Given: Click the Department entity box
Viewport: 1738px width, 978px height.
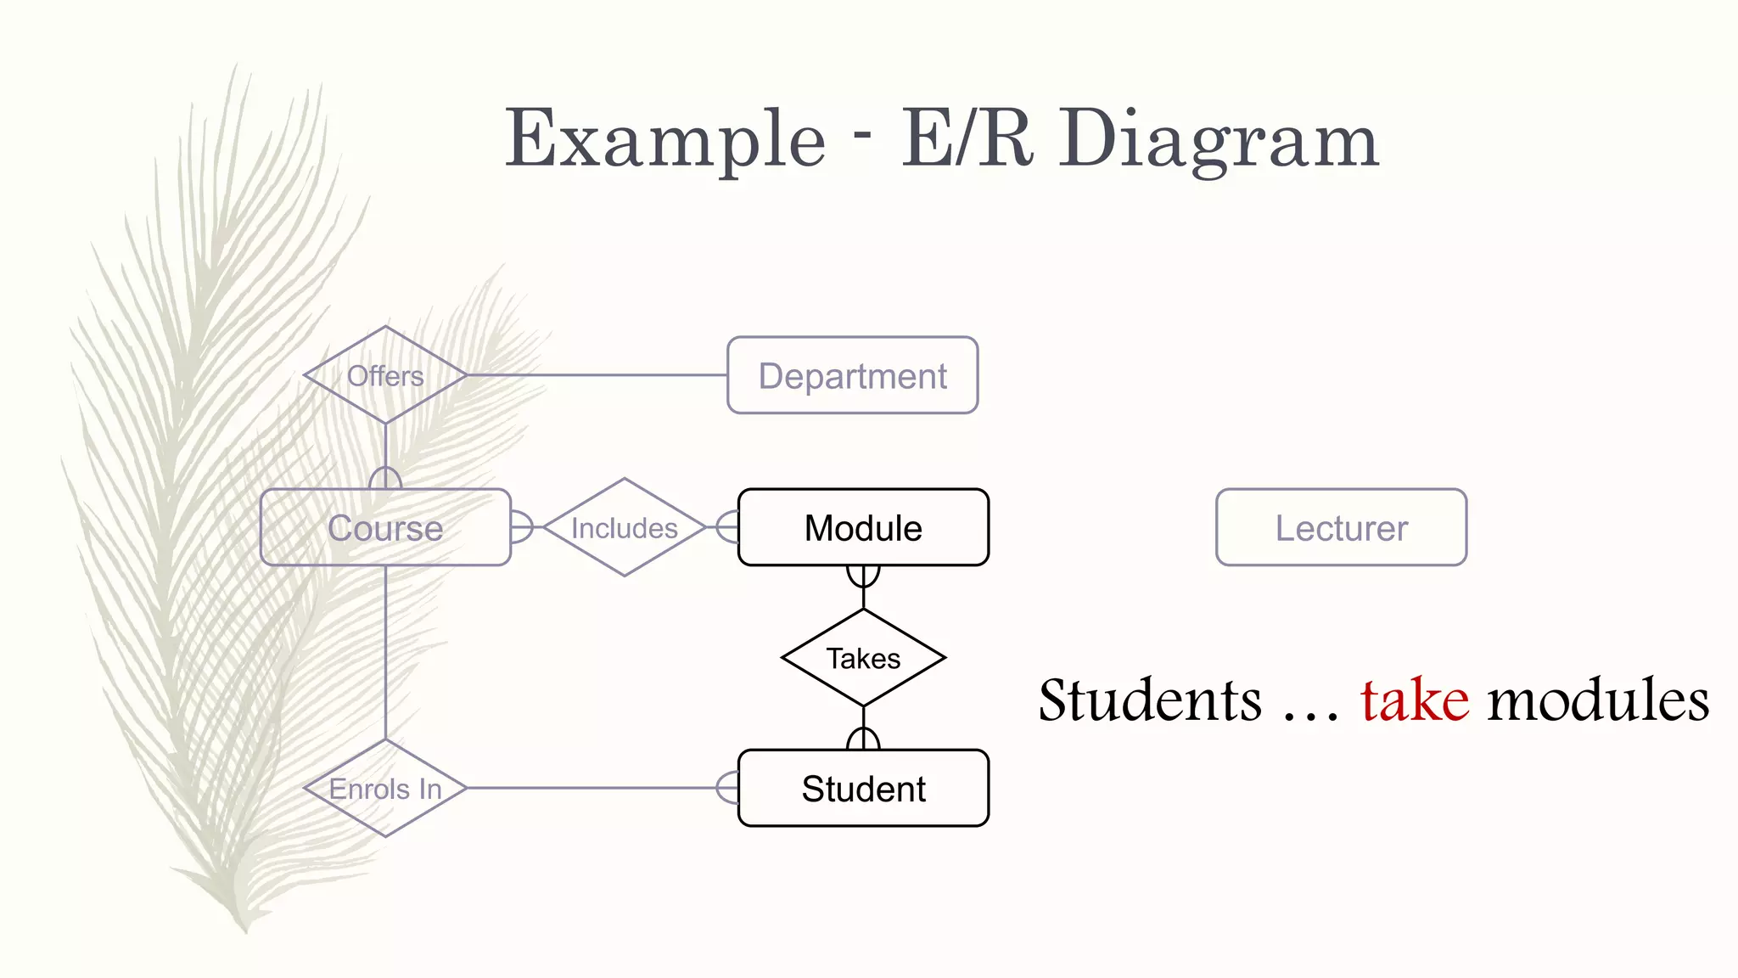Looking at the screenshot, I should click(852, 375).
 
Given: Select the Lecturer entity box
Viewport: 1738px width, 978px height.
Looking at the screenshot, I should click(1341, 527).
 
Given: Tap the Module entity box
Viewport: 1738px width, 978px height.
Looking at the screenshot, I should click(863, 527).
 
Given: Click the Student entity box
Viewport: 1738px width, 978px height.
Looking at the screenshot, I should click(863, 788).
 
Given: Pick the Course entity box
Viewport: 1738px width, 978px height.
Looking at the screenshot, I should click(385, 527).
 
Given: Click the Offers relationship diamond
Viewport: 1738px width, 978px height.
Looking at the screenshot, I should click(385, 375).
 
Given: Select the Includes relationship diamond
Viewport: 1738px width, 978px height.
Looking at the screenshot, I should click(625, 527).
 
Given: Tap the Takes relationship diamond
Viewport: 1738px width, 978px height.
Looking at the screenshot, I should click(863, 658).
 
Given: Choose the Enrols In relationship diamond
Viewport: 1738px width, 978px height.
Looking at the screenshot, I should click(385, 788).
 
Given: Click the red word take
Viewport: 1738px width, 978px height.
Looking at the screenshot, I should click(1415, 701).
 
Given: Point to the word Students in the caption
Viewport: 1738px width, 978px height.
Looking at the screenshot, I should click(1150, 701).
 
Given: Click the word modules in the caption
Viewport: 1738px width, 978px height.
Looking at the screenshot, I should click(1598, 701).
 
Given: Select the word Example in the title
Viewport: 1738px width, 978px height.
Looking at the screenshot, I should click(665, 140).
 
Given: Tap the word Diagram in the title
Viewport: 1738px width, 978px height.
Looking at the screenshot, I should click(1219, 140).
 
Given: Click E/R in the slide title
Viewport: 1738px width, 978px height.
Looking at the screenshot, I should click(967, 138).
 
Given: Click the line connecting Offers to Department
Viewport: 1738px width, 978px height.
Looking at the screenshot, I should click(594, 375).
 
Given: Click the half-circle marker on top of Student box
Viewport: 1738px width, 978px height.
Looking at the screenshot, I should click(863, 739).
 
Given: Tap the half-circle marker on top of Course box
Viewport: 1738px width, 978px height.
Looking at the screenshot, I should click(385, 478).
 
